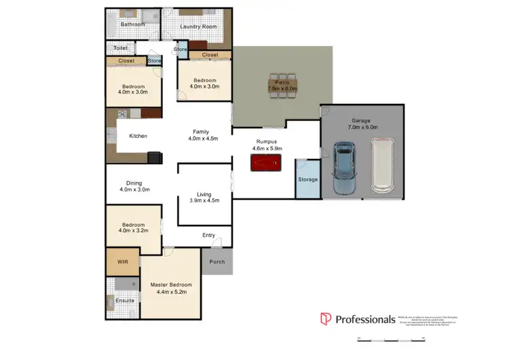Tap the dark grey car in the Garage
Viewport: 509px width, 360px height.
coord(345,167)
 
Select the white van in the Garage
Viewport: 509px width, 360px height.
coord(382,165)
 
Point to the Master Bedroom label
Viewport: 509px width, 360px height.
coord(170,285)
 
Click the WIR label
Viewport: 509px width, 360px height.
coord(123,262)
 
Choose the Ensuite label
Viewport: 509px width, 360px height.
coord(124,300)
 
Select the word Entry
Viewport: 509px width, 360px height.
coord(208,236)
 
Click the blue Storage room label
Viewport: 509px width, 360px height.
coord(307,179)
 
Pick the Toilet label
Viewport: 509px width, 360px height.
coord(121,48)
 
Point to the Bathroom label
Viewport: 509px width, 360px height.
coord(133,24)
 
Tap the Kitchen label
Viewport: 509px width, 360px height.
coord(138,136)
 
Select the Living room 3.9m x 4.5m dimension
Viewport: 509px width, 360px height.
coord(204,201)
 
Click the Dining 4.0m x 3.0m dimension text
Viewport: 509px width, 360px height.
coord(134,190)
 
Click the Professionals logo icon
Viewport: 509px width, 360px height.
coord(325,319)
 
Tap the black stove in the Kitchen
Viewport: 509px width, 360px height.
coord(155,158)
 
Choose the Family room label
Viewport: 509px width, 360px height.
coord(201,131)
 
